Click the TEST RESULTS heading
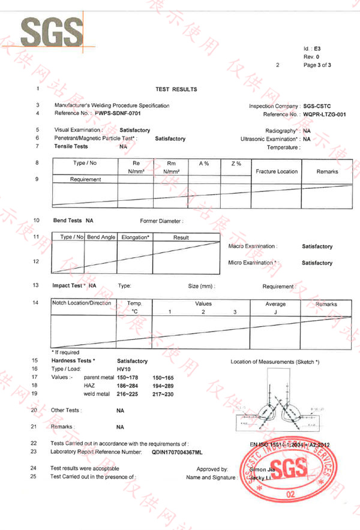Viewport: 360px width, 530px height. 176,89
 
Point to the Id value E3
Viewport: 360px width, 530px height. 318,47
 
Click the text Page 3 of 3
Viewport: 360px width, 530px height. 317,65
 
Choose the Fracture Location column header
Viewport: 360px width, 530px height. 277,171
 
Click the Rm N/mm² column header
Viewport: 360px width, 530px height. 173,167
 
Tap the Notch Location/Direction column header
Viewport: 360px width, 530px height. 82,303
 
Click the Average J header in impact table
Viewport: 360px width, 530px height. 275,308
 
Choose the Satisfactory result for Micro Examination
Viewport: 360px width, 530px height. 317,263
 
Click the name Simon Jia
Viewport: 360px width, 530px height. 263,468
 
